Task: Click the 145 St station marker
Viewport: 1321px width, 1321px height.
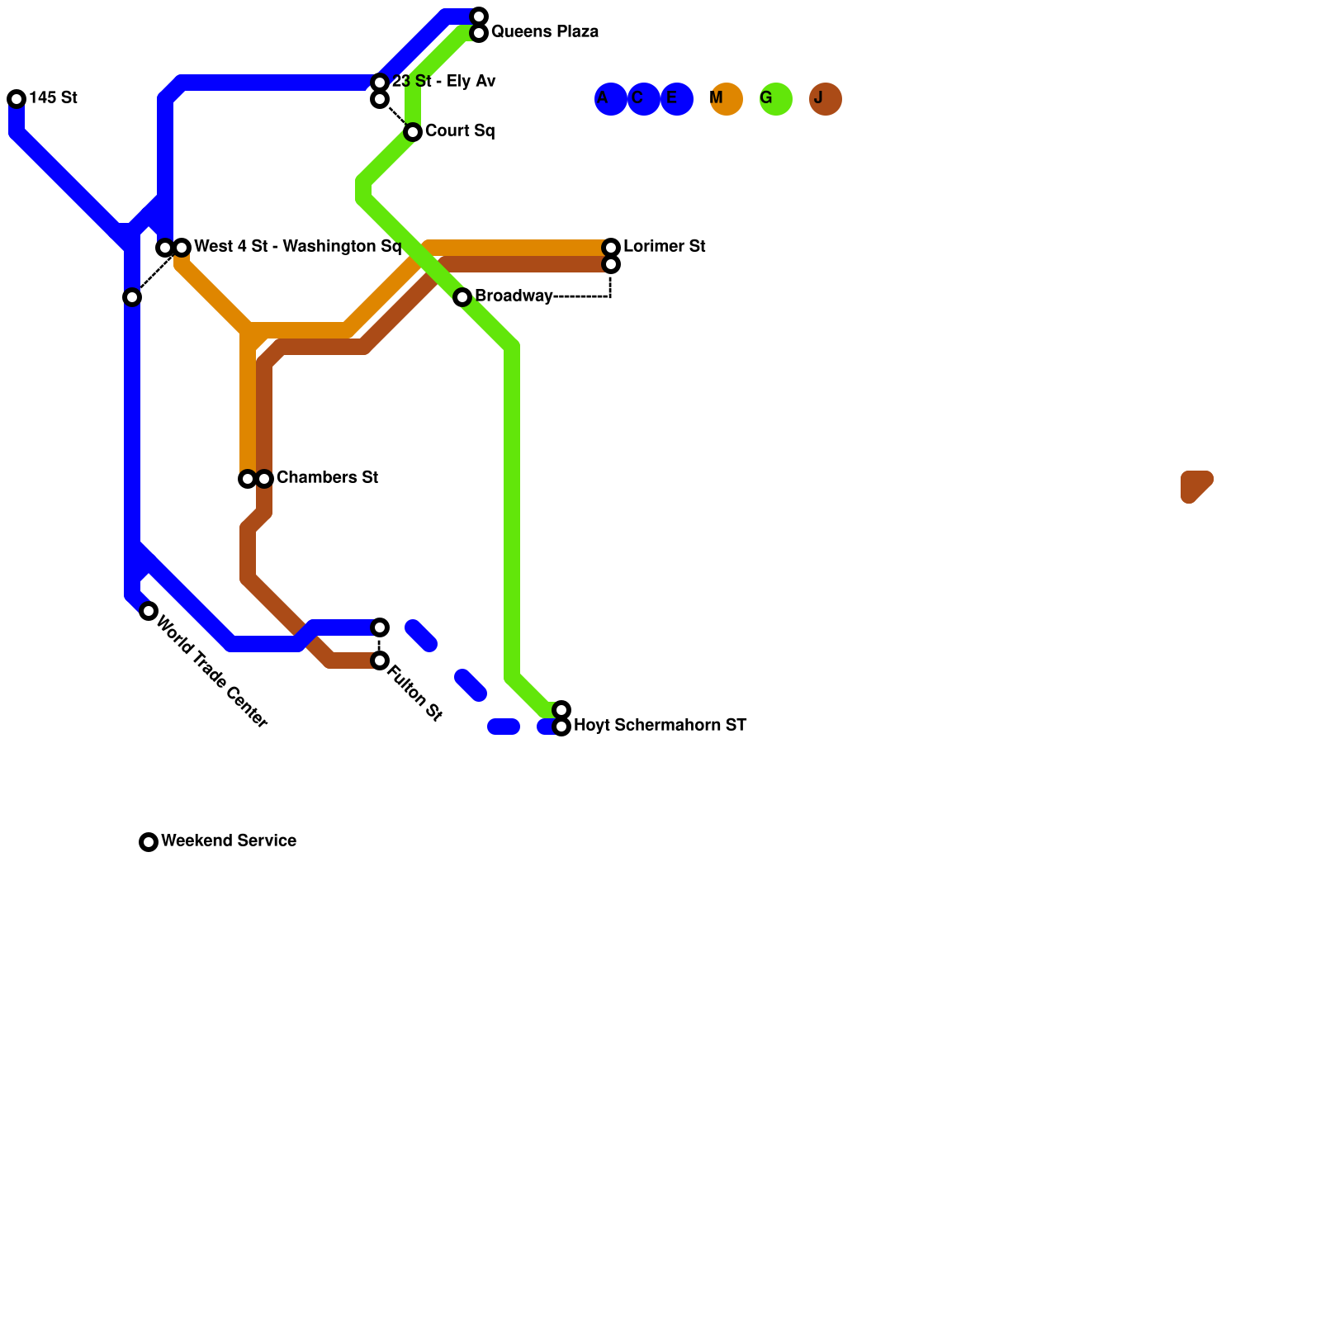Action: pyautogui.click(x=17, y=99)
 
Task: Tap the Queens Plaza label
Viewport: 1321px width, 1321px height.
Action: pyautogui.click(x=544, y=32)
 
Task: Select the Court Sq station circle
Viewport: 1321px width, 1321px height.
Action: pyautogui.click(x=413, y=132)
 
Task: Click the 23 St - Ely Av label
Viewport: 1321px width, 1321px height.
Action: pyautogui.click(x=443, y=82)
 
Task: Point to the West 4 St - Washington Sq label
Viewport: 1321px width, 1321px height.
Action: pyautogui.click(x=297, y=247)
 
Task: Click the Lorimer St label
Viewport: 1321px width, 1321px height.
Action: pyautogui.click(x=664, y=247)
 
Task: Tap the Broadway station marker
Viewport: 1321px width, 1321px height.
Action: pyautogui.click(x=462, y=297)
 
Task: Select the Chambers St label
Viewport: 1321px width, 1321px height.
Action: pyautogui.click(x=327, y=478)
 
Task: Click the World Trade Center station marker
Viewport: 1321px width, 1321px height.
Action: pyautogui.click(x=149, y=611)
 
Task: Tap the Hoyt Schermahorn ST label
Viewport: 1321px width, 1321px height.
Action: pyautogui.click(x=660, y=726)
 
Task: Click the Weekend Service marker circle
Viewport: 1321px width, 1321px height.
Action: pyautogui.click(x=149, y=842)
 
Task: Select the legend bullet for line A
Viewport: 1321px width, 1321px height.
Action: pyautogui.click(x=611, y=99)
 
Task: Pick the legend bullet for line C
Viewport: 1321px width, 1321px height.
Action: pyautogui.click(x=644, y=99)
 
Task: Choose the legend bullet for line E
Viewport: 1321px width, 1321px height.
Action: pyautogui.click(x=677, y=99)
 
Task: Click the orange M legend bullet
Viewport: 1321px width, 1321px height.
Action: pyautogui.click(x=727, y=99)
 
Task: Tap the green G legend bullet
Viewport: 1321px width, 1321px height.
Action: pyautogui.click(x=776, y=99)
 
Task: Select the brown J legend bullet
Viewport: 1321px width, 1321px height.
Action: pyautogui.click(x=826, y=99)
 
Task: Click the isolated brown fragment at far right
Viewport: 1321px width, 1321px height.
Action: pyautogui.click(x=1195, y=485)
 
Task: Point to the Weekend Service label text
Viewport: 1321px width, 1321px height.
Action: pyautogui.click(x=229, y=841)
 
